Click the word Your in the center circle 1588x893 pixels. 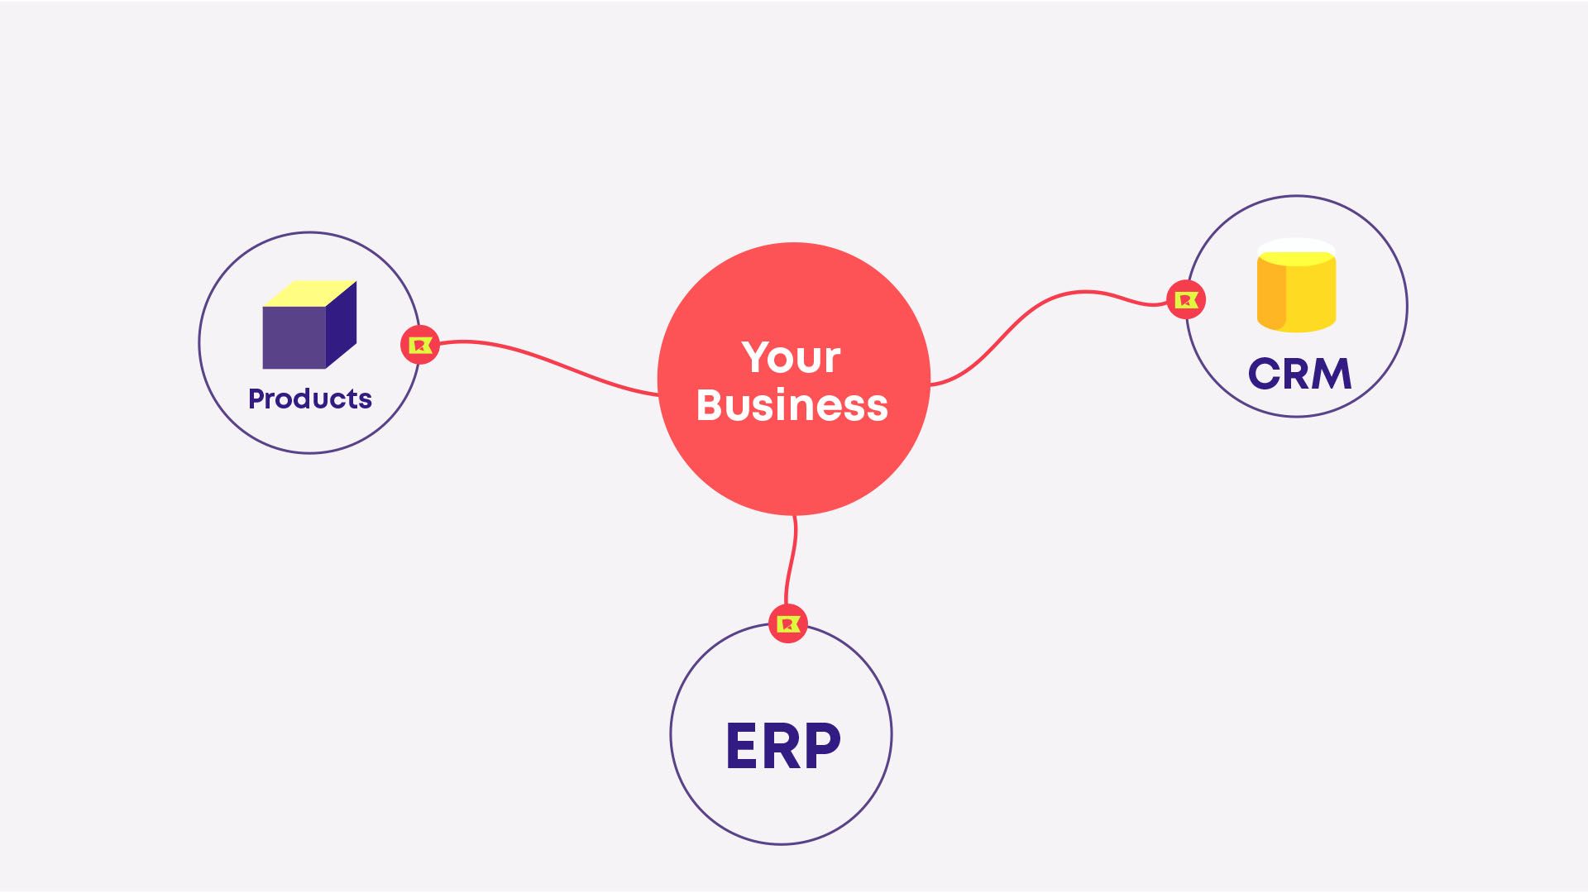(791, 358)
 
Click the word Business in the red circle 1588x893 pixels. (792, 405)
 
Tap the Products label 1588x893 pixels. (310, 399)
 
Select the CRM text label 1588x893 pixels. (1299, 374)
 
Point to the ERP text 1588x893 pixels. (782, 747)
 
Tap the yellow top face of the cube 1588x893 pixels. (309, 293)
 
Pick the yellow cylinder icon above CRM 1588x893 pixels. (1296, 286)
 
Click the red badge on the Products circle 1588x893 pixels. (420, 345)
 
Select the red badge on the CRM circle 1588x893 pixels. (1186, 299)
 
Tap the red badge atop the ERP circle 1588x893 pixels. (787, 623)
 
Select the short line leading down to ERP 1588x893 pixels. (790, 562)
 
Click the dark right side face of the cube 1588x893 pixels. (341, 324)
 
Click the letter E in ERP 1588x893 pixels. (741, 747)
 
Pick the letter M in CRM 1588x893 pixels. (1332, 374)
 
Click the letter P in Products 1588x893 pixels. (256, 399)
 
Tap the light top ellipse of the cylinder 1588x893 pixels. (1296, 250)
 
